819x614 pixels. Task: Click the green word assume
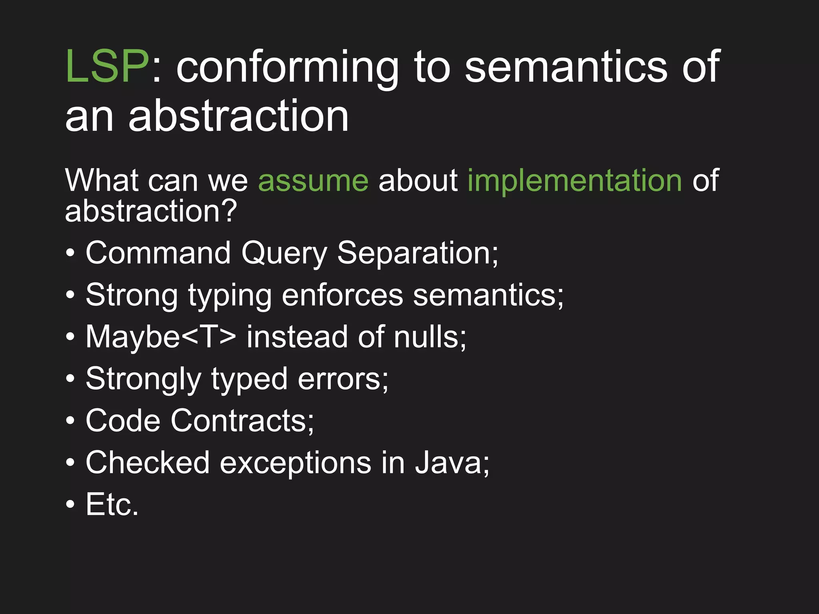(313, 181)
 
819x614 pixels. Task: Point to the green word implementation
(575, 181)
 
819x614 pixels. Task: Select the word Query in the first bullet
(284, 254)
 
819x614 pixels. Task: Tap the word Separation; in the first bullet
(418, 254)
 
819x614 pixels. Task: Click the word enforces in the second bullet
(342, 296)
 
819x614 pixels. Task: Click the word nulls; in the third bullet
(430, 337)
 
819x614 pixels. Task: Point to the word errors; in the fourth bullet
(343, 379)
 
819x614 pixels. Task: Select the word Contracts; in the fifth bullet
(243, 421)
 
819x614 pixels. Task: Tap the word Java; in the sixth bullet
(452, 463)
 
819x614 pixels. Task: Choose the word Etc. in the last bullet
(112, 505)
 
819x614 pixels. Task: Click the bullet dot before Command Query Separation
(70, 253)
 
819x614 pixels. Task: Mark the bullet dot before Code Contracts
(70, 421)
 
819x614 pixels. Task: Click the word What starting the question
(102, 181)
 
